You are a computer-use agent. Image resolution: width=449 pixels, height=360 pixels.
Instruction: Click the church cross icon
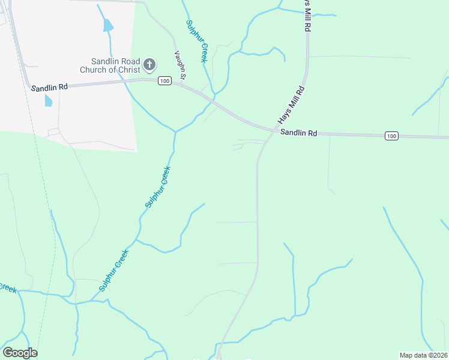coord(149,63)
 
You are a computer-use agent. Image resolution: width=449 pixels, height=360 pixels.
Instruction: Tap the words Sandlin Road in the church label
coord(115,61)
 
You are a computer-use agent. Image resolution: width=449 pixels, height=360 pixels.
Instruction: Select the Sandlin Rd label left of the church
coord(49,87)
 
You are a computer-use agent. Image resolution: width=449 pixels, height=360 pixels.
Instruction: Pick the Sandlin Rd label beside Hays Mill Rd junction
coord(299,133)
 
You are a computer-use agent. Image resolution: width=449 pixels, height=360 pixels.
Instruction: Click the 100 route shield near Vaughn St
coord(164,80)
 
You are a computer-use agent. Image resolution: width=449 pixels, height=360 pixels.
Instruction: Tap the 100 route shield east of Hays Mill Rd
coord(391,136)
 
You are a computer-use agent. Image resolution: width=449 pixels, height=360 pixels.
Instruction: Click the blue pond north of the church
coord(108,25)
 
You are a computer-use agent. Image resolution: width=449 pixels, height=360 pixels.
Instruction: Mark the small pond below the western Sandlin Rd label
coord(48,100)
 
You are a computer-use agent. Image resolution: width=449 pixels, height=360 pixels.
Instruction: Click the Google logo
coord(20,353)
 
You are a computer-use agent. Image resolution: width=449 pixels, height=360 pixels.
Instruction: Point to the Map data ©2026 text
coord(423,355)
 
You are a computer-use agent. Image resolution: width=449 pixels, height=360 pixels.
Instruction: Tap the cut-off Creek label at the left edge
coord(7,288)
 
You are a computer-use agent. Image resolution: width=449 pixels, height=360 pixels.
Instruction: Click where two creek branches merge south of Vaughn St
coord(175,131)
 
